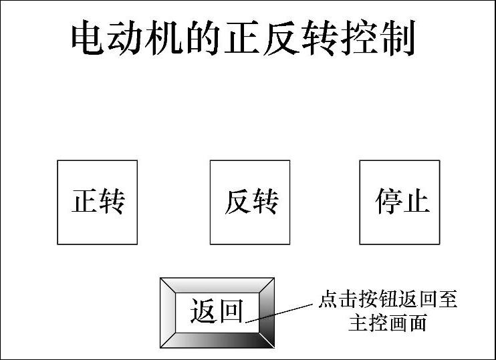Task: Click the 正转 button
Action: coord(98,202)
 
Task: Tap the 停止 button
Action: coord(400,202)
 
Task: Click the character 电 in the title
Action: coord(88,38)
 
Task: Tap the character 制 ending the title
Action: coord(398,38)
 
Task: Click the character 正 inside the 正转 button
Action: coord(84,201)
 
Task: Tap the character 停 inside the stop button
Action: coord(388,201)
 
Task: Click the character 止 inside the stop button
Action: coord(416,201)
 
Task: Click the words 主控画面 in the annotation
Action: coord(388,324)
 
